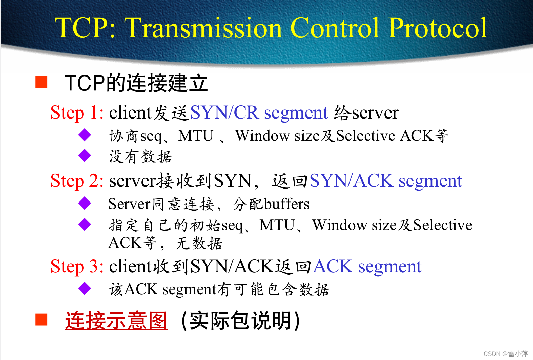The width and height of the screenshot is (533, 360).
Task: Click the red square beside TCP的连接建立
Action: point(41,82)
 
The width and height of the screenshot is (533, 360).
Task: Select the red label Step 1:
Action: point(77,113)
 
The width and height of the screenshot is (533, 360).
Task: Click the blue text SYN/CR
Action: point(224,113)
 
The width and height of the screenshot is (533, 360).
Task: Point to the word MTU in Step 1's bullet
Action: point(196,136)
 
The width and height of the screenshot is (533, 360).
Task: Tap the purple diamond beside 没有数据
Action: point(85,155)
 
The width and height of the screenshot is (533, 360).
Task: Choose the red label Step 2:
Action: point(77,181)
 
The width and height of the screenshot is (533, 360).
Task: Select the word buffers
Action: point(287,204)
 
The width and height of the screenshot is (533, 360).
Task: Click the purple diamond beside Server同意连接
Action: point(85,203)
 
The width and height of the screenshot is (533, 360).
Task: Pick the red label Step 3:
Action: point(77,266)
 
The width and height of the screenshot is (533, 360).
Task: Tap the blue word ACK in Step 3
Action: point(333,266)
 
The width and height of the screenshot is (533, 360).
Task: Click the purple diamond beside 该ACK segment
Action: point(85,288)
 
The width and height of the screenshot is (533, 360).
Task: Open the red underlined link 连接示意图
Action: point(116,320)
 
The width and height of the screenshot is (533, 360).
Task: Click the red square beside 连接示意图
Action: point(41,320)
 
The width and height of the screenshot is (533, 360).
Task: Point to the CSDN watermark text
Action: point(505,354)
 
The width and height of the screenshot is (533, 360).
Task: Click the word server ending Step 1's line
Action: point(375,113)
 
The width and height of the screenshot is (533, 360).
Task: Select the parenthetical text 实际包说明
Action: point(240,320)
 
